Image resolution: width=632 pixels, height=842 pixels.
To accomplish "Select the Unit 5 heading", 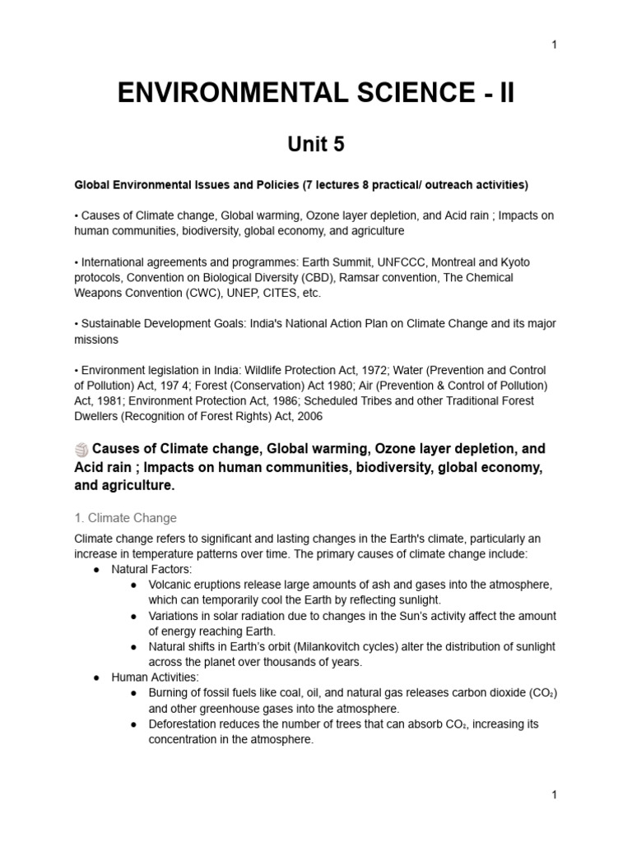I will [x=315, y=145].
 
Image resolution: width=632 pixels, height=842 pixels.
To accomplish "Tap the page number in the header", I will [x=555, y=44].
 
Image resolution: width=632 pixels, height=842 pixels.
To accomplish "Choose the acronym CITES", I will [x=266, y=293].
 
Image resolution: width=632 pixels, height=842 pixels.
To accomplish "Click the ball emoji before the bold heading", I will [x=81, y=450].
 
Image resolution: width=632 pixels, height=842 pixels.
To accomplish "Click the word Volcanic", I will [x=170, y=585].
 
